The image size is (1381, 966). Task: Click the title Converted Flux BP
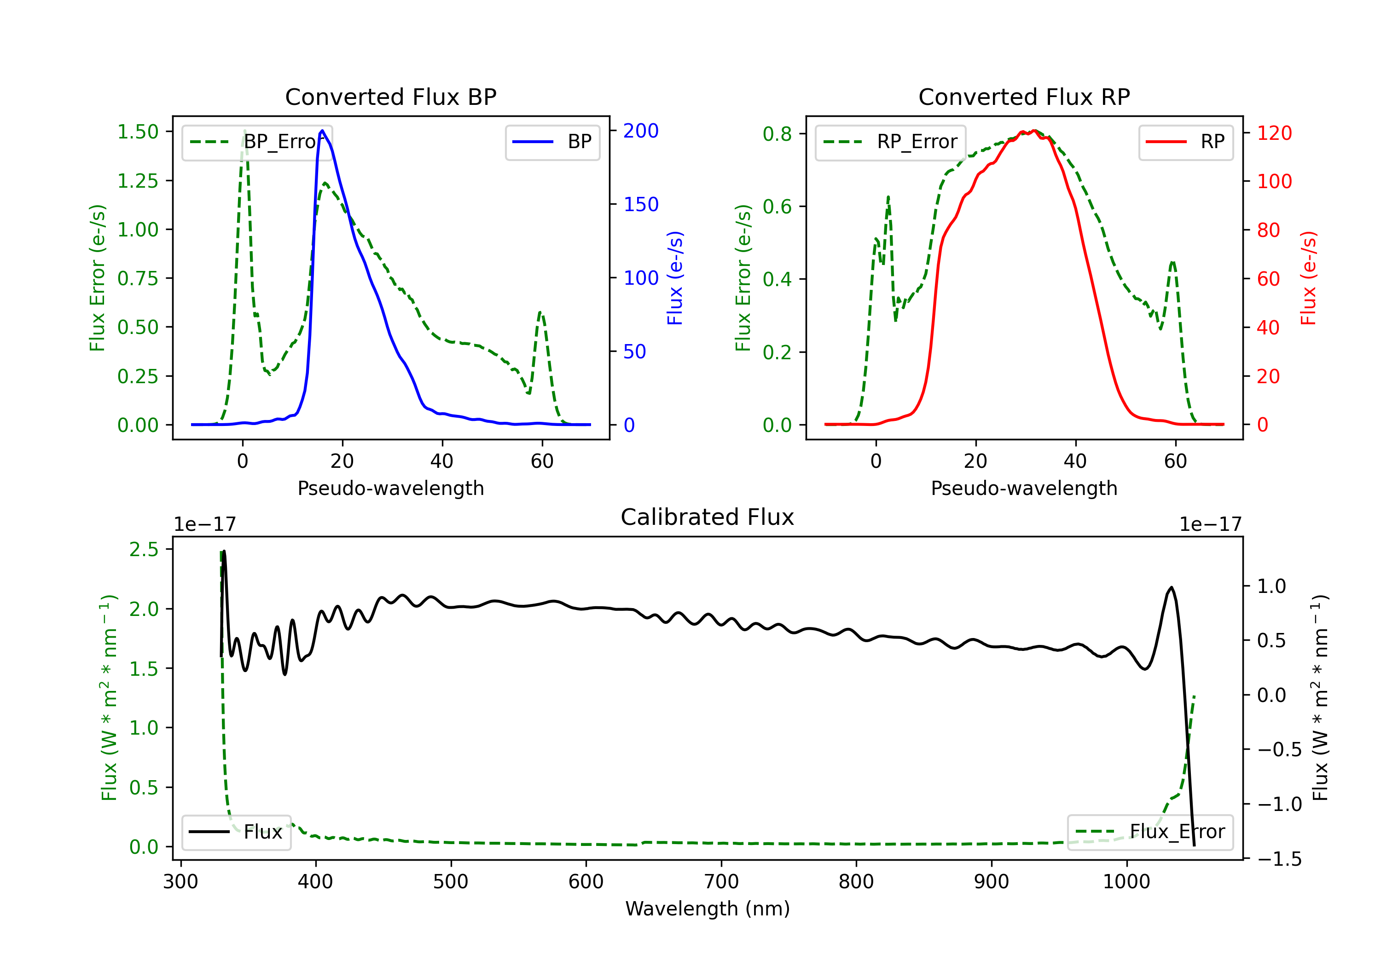pos(390,97)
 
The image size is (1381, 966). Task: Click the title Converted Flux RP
pos(1024,97)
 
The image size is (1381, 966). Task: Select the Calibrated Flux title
pos(708,517)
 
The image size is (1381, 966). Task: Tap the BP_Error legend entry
pos(257,142)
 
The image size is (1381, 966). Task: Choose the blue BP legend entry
pos(552,142)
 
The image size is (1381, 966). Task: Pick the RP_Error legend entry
pos(890,142)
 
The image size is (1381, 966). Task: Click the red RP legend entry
pos(1185,142)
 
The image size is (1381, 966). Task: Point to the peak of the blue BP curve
pos(322,131)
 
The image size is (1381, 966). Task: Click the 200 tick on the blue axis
pos(641,131)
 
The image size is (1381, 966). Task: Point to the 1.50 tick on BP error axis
pos(138,132)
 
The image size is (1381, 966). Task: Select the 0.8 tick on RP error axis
pos(777,133)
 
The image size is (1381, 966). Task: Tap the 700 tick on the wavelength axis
pos(721,882)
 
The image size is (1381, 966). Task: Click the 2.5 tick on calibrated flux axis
pos(144,549)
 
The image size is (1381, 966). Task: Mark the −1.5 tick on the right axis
pos(1279,859)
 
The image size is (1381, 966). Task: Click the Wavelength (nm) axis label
pos(708,908)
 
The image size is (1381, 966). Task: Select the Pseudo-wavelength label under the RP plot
pos(1024,488)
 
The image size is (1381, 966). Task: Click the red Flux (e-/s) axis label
pos(1308,278)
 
